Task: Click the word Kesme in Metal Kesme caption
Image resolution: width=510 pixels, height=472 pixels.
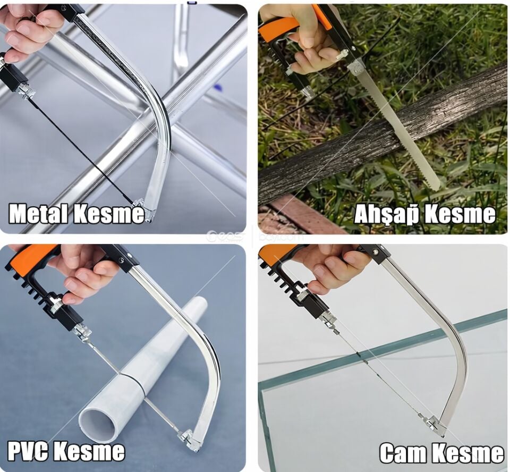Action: tap(108, 214)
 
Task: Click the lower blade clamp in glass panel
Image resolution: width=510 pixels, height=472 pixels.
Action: tap(431, 424)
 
